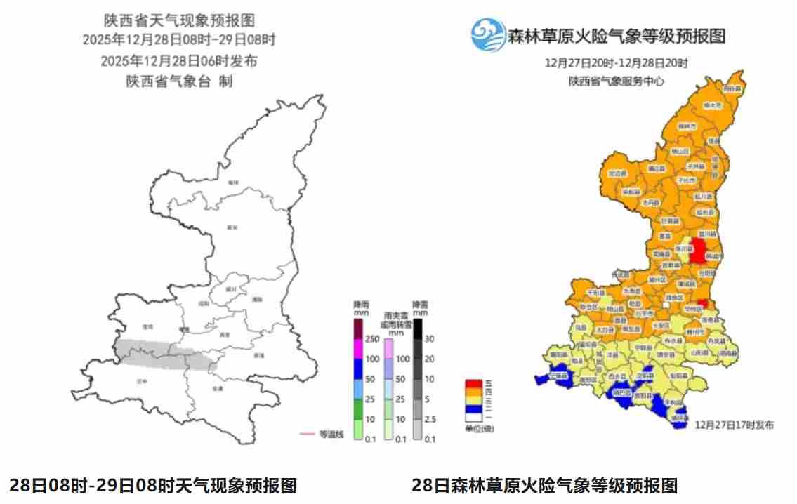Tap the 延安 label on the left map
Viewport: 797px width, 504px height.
(x=232, y=227)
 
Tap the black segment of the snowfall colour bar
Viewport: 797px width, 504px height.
(x=418, y=329)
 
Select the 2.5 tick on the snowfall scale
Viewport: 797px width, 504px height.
(x=430, y=419)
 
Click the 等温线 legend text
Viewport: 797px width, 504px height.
(x=332, y=434)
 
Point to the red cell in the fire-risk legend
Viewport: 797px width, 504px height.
(x=473, y=383)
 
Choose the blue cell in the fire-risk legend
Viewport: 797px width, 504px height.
(x=473, y=409)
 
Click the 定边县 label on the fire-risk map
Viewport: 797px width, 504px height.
(x=616, y=173)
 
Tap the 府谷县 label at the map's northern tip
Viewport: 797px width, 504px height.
(x=732, y=89)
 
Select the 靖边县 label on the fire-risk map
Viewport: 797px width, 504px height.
(x=656, y=168)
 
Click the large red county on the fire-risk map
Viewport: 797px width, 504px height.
(x=698, y=250)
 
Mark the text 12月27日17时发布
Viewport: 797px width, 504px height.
(x=735, y=425)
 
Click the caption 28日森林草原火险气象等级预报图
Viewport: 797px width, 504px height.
(x=544, y=485)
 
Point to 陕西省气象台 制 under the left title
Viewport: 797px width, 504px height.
(x=179, y=81)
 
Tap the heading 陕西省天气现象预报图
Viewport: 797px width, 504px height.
(x=179, y=19)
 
